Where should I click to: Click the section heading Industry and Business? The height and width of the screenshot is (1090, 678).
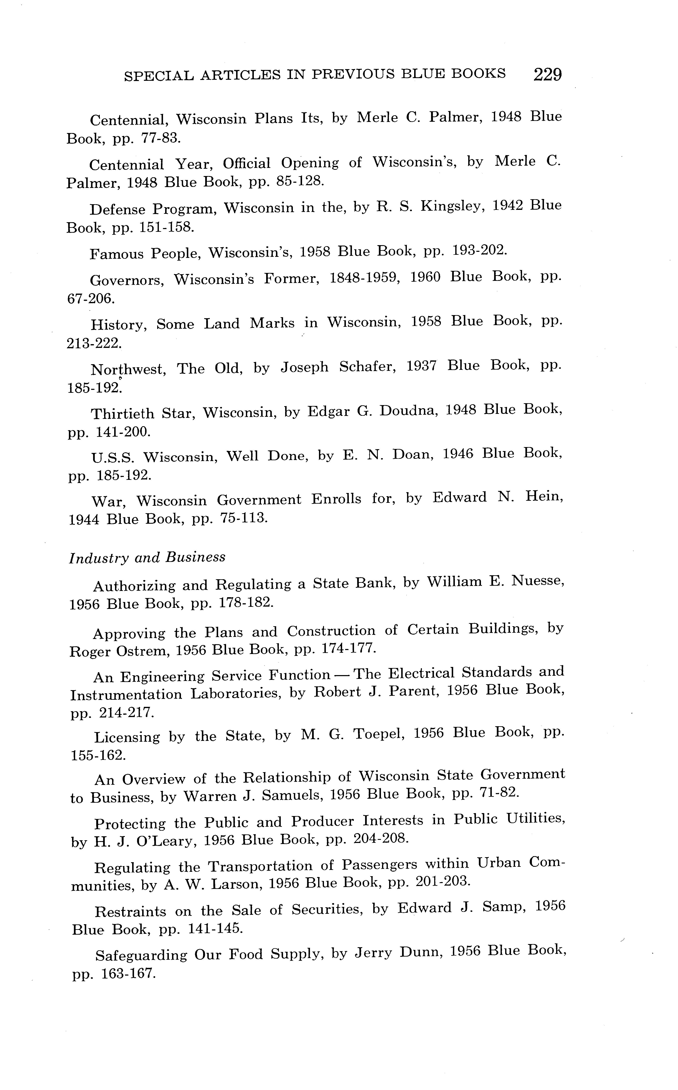(147, 558)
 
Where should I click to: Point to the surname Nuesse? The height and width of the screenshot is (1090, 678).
(538, 581)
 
